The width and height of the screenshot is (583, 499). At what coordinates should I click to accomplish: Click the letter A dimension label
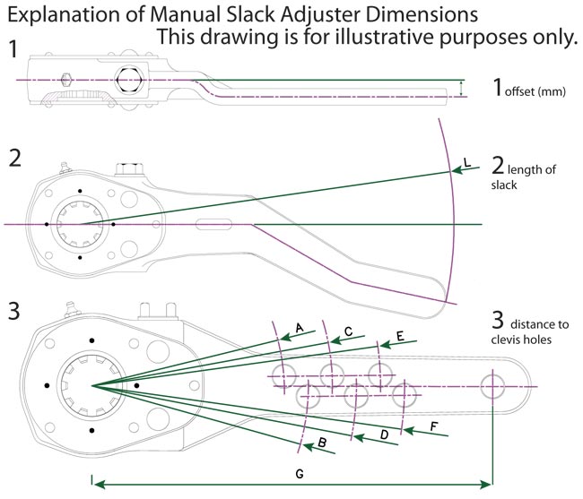click(300, 328)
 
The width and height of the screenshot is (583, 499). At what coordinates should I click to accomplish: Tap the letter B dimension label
click(322, 443)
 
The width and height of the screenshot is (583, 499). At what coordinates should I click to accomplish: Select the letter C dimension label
click(348, 331)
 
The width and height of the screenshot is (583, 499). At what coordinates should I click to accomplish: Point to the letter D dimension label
click(385, 434)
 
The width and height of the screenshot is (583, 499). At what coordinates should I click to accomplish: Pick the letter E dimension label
click(400, 336)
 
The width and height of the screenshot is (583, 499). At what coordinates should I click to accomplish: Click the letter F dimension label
click(433, 426)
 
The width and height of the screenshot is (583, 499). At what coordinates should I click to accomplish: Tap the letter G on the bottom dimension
click(300, 474)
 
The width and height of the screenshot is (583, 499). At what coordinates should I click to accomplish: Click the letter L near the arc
click(467, 162)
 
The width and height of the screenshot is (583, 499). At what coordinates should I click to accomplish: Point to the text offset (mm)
click(535, 91)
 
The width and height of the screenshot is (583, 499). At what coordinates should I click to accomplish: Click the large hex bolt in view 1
click(128, 80)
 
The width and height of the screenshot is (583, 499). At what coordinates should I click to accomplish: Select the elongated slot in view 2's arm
click(213, 225)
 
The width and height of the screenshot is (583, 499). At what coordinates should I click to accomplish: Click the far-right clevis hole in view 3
click(492, 386)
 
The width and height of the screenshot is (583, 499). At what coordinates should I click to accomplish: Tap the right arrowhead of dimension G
click(486, 484)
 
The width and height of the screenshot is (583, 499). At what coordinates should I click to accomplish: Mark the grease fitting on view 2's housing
click(65, 168)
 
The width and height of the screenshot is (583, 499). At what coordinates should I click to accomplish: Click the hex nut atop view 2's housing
click(129, 168)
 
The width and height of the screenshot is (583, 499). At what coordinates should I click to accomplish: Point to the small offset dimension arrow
click(461, 89)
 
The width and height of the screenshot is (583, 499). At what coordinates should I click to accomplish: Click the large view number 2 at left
click(15, 158)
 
